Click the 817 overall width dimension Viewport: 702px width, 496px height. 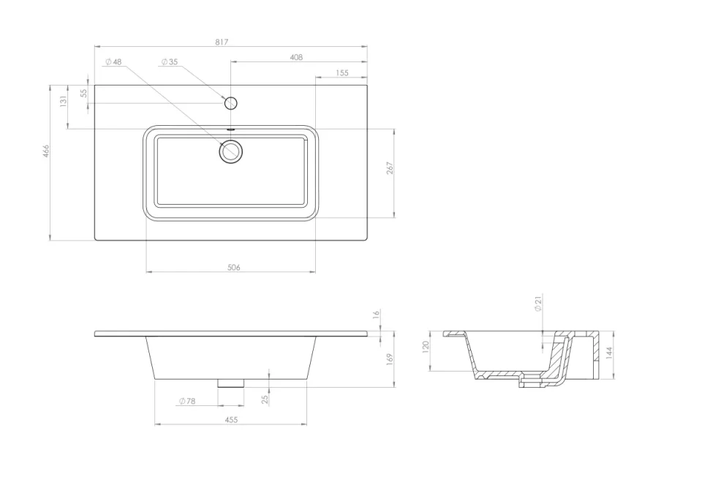(222, 42)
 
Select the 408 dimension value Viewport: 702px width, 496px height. (296, 57)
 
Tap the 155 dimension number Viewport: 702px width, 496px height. (342, 72)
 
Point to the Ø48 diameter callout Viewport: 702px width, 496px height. (113, 62)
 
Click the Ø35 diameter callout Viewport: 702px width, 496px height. (170, 62)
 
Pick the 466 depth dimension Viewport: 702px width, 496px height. (45, 151)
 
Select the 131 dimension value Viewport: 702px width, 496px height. (63, 101)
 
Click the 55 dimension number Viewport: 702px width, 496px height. (83, 94)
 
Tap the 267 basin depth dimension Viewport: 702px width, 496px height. (390, 168)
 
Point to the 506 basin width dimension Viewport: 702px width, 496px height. (233, 268)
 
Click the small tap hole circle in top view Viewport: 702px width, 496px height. (230, 103)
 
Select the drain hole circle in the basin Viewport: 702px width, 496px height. (231, 152)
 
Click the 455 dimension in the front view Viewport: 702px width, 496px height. (231, 420)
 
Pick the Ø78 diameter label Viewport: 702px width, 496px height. (187, 401)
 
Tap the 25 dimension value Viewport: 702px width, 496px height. (265, 399)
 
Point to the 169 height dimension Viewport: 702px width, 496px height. (390, 358)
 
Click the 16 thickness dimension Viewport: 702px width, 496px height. (376, 314)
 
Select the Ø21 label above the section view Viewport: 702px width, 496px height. (538, 303)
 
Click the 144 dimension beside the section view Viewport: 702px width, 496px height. (608, 353)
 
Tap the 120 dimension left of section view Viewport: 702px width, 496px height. (426, 345)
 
